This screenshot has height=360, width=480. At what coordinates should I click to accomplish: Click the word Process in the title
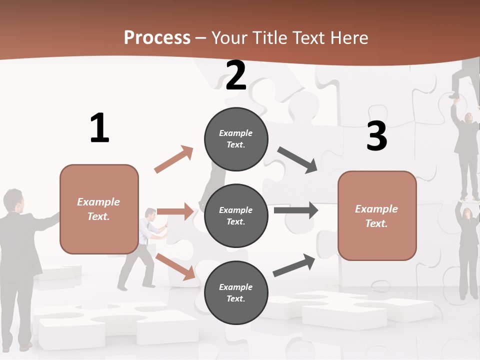click(x=157, y=37)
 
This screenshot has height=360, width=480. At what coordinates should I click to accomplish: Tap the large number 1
click(x=99, y=128)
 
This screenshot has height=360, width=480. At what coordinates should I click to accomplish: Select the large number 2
click(x=236, y=75)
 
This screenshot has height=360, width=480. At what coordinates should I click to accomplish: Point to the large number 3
click(x=376, y=136)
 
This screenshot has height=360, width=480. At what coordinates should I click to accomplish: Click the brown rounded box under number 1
click(x=99, y=209)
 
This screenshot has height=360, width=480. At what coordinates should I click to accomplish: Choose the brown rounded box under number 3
click(x=377, y=215)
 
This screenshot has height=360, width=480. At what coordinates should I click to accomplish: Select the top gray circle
click(x=236, y=139)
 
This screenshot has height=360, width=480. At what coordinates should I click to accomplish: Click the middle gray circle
click(x=236, y=215)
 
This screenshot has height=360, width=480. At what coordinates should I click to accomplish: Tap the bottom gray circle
click(x=236, y=292)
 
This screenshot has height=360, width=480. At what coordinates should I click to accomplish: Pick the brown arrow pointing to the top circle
click(x=174, y=159)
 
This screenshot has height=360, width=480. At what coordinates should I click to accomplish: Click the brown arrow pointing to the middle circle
click(x=175, y=211)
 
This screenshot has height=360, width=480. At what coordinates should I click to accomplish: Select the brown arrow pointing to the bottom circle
click(x=175, y=266)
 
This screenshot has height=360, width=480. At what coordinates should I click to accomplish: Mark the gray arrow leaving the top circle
click(x=297, y=160)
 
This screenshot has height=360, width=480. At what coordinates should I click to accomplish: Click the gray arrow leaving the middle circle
click(x=296, y=210)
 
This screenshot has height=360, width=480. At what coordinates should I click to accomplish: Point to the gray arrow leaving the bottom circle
click(x=294, y=265)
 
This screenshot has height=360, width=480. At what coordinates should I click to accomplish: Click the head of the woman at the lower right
click(x=465, y=213)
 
